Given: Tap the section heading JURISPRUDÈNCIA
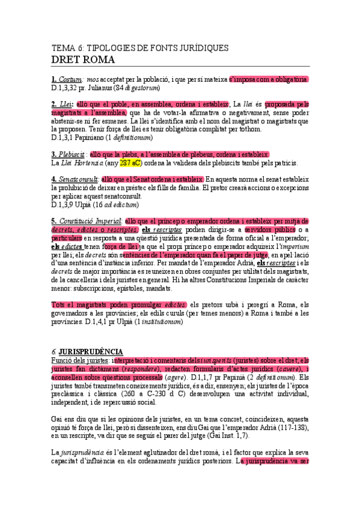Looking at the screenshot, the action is click(x=91, y=352).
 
